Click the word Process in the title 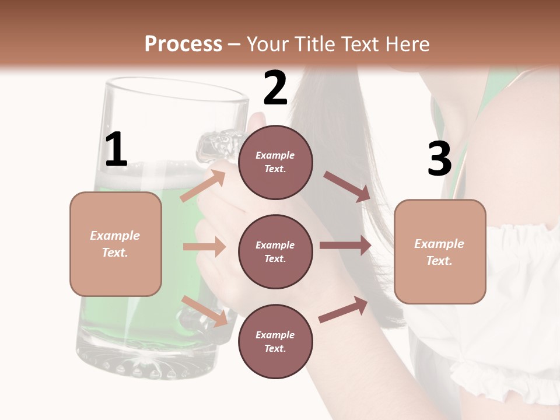coord(183,44)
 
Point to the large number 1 coord(116,150)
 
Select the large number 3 coord(439,159)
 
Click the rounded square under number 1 coord(116,244)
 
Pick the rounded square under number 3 coord(440,251)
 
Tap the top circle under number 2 coord(275,162)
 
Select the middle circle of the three coord(275,251)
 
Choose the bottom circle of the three coord(275,341)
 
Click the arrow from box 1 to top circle coord(202,186)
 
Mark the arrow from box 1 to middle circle coord(204,247)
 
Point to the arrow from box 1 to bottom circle coord(204,310)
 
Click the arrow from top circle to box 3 coord(346,186)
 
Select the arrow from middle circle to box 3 coord(345,246)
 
